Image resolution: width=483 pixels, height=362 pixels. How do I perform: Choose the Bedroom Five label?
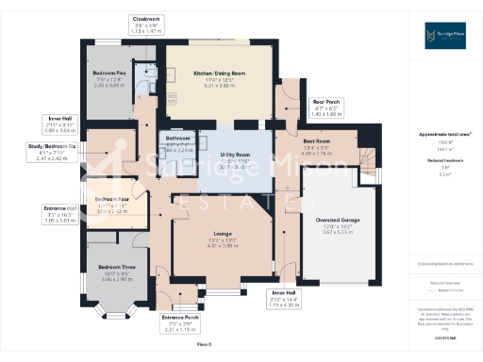(x=110, y=73)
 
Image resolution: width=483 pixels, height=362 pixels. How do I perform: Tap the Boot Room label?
(x=316, y=141)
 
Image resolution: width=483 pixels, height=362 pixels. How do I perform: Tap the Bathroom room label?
(x=178, y=139)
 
